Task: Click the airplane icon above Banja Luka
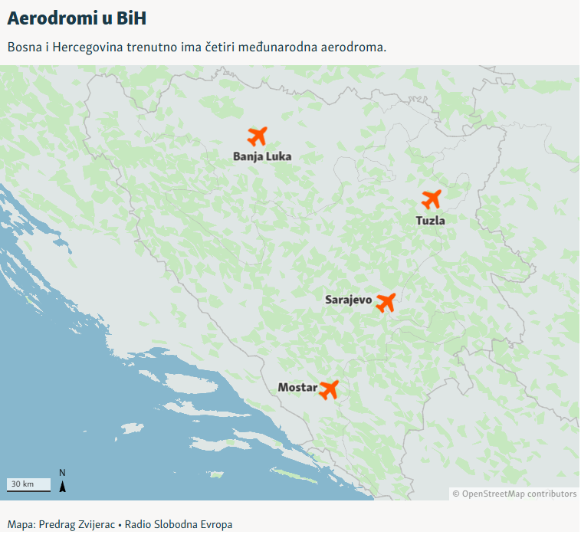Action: coord(258,136)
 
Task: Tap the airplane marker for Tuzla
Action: coord(432,199)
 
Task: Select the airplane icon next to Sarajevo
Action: coord(386,302)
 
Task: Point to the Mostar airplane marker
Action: coord(329,389)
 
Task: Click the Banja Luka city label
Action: coord(262,156)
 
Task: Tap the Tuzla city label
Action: coord(431,220)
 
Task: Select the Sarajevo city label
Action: coord(348,300)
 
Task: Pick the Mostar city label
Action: coord(297,388)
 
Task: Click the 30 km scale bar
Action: coord(29,484)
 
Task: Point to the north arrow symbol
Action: coord(63,481)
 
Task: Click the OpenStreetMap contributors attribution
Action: coord(514,494)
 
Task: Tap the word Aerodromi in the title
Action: coord(54,18)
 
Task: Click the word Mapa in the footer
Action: coord(20,525)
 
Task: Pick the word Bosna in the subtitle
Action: coord(24,47)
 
